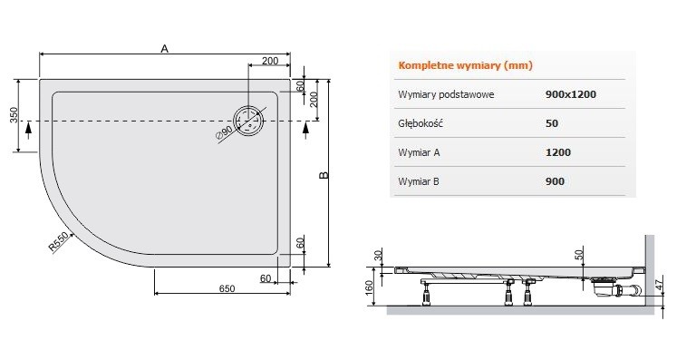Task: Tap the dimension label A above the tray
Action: tap(164, 50)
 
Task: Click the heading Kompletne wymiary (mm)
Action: tap(465, 66)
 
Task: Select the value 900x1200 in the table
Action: tap(571, 94)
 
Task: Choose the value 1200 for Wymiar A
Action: tap(558, 152)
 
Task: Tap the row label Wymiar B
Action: tap(419, 181)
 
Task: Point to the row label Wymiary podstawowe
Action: tap(446, 94)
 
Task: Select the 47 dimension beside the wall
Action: tap(670, 286)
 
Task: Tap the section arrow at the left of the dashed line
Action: tap(31, 129)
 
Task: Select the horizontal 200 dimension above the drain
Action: tap(269, 61)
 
